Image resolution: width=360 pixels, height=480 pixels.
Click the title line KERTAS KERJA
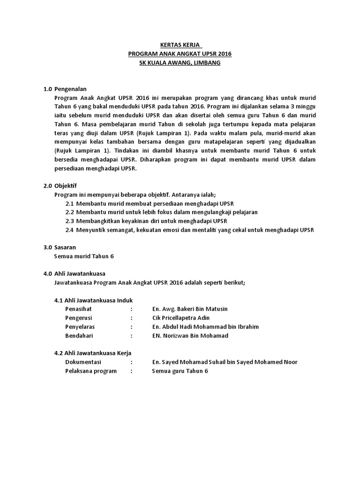coord(180,45)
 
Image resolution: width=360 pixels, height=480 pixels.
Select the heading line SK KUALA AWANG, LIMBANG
coord(180,63)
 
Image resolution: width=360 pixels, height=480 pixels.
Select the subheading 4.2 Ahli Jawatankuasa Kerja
coord(93,353)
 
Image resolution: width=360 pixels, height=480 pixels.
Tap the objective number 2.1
coord(70,203)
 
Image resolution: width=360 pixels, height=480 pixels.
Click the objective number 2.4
coord(70,230)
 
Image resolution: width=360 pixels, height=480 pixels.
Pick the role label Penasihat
coord(79,309)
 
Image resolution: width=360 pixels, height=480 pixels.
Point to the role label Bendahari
coord(79,336)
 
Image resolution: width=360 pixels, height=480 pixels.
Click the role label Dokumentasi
coord(83,362)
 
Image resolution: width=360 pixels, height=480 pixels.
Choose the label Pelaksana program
coord(91,371)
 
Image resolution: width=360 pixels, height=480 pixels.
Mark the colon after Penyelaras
coord(132,327)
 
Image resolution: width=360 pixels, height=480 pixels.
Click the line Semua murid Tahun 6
coord(84,256)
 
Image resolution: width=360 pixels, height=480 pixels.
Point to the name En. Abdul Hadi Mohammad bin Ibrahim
coord(205,327)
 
